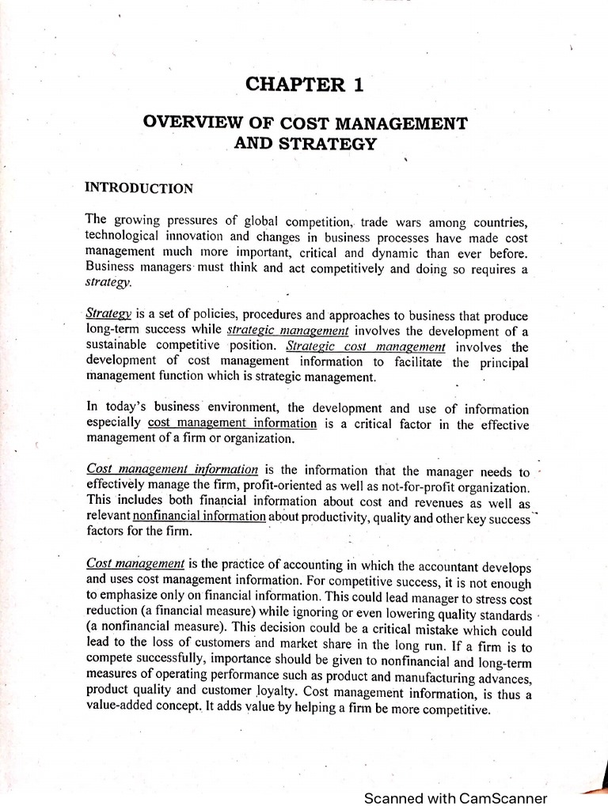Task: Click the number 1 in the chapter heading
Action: [x=359, y=85]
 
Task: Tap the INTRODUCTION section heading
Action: [x=139, y=188]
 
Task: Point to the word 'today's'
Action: [x=127, y=408]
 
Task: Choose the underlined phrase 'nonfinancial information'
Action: [x=199, y=517]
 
